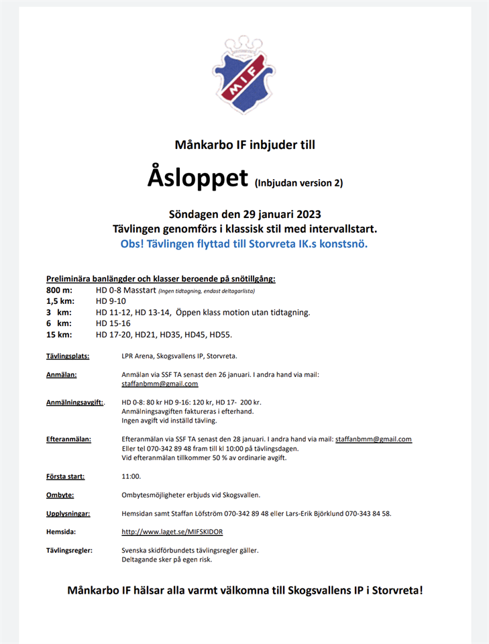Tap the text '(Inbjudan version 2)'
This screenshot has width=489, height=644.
pos(298,182)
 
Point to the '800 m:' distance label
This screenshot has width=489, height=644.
pos(58,290)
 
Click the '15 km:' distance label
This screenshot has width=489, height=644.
pos(59,334)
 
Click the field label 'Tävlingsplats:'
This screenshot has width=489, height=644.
pos(68,356)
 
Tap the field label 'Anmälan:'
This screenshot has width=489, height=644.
pos(61,374)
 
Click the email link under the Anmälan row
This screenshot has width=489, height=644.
pos(160,384)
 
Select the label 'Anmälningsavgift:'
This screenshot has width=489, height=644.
pos(74,402)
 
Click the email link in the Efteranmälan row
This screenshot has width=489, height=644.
pos(373,439)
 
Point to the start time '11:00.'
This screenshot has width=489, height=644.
pos(131,476)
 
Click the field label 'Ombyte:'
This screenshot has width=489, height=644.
pos(60,495)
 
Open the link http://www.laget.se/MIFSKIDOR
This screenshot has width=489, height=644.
pos(172,532)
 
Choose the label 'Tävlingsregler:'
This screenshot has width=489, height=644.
pos(69,550)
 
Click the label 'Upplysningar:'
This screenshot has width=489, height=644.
pos(68,514)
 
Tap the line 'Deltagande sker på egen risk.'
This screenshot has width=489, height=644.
pos(166,559)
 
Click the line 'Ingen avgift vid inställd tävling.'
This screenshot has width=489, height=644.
pos(169,421)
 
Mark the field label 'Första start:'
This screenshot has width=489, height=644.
pos(66,476)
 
